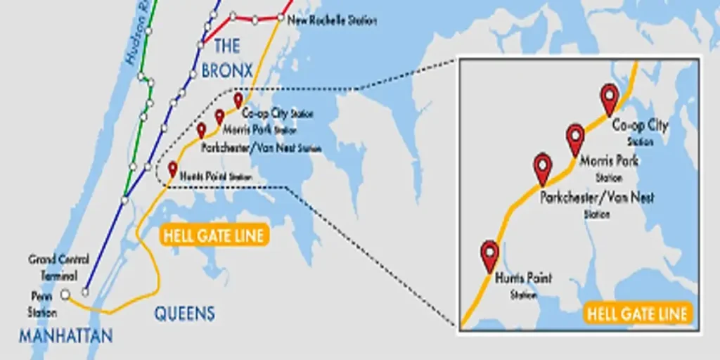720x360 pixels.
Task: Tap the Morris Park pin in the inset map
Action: (575, 138)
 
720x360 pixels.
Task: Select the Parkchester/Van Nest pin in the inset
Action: (543, 167)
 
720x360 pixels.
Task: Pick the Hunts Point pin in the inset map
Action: (489, 254)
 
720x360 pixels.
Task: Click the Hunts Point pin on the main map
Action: (173, 169)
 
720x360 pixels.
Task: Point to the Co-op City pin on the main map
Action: (238, 101)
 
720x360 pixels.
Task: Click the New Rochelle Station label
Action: (333, 20)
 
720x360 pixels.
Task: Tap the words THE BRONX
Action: (226, 58)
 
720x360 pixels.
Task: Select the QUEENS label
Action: (184, 314)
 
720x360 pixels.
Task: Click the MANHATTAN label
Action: (65, 336)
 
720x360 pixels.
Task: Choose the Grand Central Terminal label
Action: (53, 267)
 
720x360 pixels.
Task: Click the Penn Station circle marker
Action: (65, 295)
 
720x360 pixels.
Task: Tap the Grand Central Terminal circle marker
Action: (86, 292)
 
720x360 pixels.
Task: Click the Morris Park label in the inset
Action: (609, 161)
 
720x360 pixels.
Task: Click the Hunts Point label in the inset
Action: (523, 279)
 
